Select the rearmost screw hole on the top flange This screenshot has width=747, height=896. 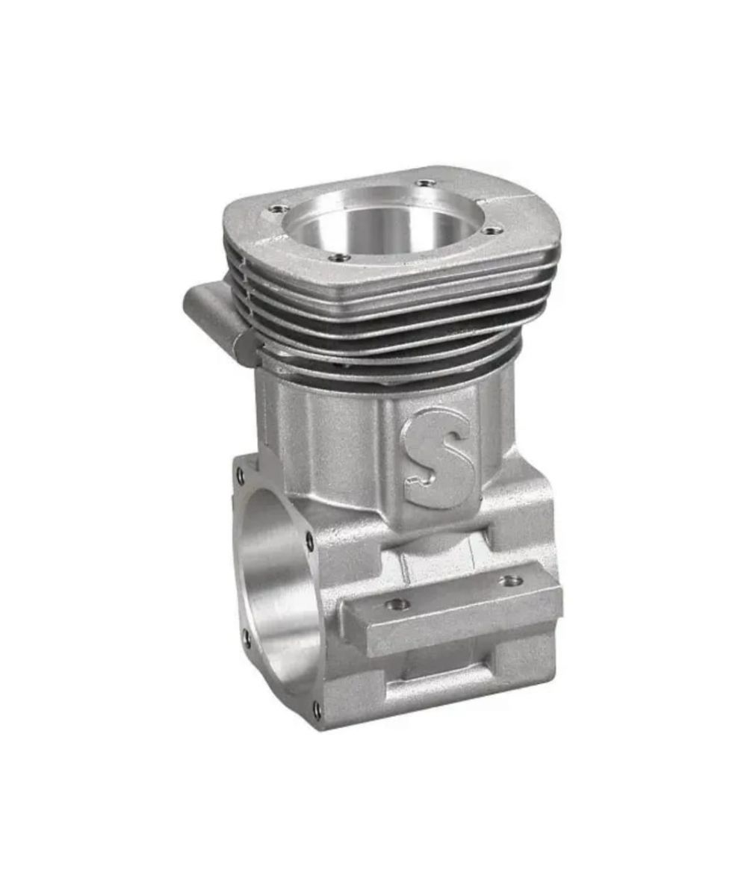pyautogui.click(x=424, y=183)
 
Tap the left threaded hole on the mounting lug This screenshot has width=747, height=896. pyautogui.click(x=395, y=605)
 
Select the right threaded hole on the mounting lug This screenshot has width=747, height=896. pyautogui.click(x=511, y=582)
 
